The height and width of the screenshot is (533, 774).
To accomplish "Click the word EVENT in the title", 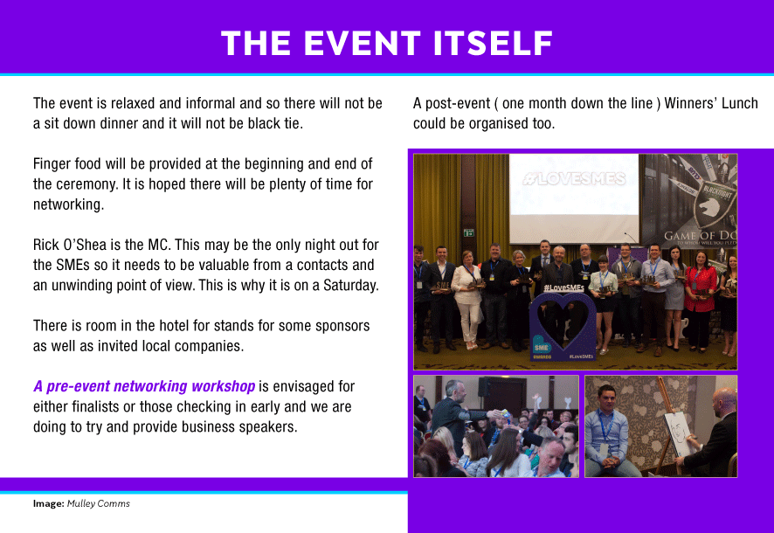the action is pyautogui.click(x=362, y=43).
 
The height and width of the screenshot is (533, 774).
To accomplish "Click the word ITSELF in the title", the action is pyautogui.click(x=493, y=43).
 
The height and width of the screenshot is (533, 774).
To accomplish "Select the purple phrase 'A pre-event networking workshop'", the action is pyautogui.click(x=144, y=386).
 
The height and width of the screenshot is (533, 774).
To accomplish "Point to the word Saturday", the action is pyautogui.click(x=350, y=285).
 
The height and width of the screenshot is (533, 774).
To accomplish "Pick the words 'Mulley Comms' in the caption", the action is pyautogui.click(x=98, y=503).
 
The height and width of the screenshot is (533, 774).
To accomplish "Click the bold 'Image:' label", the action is pyautogui.click(x=48, y=503).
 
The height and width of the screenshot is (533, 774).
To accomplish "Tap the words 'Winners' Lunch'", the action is pyautogui.click(x=711, y=103).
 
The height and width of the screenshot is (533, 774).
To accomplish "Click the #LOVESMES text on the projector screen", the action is pyautogui.click(x=574, y=178).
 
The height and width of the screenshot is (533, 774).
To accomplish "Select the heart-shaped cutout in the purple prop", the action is pyautogui.click(x=563, y=322).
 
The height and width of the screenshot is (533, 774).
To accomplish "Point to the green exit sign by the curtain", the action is pyautogui.click(x=468, y=232).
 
